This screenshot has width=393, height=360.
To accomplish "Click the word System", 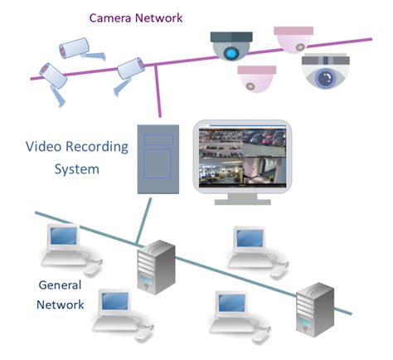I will [x=76, y=168].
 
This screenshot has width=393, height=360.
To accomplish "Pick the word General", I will [x=61, y=285].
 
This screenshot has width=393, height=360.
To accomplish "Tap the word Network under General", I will [x=61, y=304].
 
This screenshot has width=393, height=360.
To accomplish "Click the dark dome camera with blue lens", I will [x=230, y=46].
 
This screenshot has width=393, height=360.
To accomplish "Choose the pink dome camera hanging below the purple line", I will [x=258, y=80].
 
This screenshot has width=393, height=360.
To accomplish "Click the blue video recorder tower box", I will [x=157, y=158].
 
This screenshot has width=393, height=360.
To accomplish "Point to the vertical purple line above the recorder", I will [x=158, y=95].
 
